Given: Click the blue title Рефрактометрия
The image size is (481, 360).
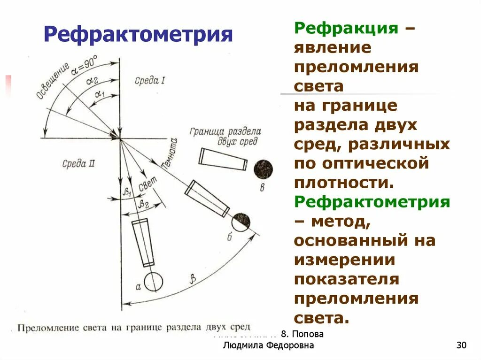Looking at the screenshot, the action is click(x=138, y=34).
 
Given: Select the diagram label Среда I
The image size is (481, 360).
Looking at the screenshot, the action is click(x=149, y=80).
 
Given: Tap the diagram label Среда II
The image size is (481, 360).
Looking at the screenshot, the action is click(x=78, y=164).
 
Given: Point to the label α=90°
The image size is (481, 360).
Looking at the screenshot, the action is click(x=85, y=66).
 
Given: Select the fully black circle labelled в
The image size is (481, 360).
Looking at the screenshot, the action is click(x=264, y=169).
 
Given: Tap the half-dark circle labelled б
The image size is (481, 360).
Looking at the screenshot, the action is click(x=241, y=221).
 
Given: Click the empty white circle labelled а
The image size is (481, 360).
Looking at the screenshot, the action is click(x=153, y=281).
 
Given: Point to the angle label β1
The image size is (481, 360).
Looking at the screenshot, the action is click(x=126, y=191).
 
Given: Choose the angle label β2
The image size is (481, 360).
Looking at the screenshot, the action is click(x=143, y=203).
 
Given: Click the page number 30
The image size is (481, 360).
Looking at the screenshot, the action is click(x=461, y=346).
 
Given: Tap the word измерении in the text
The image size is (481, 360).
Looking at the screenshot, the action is click(x=344, y=260).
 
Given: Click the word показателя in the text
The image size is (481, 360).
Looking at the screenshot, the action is click(x=346, y=280).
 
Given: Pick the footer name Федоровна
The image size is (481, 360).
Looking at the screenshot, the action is click(x=290, y=346).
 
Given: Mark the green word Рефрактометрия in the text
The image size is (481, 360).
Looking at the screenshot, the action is click(x=372, y=202).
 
